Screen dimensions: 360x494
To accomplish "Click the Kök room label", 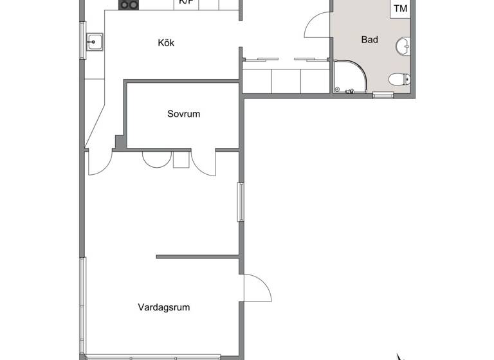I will click(x=166, y=43).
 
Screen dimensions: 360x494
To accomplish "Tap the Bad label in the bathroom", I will click(x=369, y=40).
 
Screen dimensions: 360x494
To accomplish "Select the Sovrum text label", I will click(x=183, y=114).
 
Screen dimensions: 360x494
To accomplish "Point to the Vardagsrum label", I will click(x=163, y=307).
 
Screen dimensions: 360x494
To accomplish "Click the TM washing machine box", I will click(x=400, y=8).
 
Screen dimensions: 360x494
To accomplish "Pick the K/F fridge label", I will click(x=186, y=3).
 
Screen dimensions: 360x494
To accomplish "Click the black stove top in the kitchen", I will click(x=129, y=4).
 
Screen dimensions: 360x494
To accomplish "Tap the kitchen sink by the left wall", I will click(x=95, y=42).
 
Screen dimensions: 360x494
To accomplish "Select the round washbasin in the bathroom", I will click(x=403, y=46).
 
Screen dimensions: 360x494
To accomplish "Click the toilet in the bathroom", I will click(x=399, y=80).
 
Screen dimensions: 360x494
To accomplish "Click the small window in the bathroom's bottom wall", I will click(x=383, y=95).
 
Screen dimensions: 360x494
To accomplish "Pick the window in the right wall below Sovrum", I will click(x=241, y=202).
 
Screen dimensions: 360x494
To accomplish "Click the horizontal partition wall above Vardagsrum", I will click(x=198, y=257).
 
